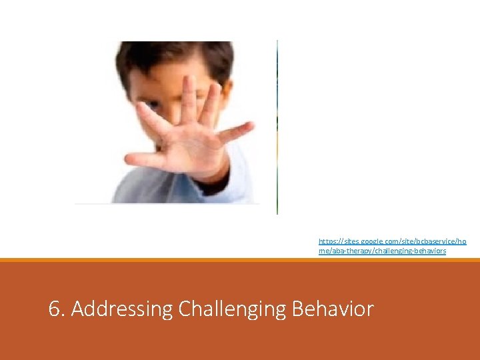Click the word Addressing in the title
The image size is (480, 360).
click(122, 309)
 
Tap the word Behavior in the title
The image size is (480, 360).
click(334, 309)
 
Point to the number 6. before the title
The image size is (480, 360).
click(57, 309)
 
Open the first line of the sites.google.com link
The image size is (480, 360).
click(393, 241)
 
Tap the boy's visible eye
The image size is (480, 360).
click(151, 105)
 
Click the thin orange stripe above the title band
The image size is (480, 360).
click(240, 259)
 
